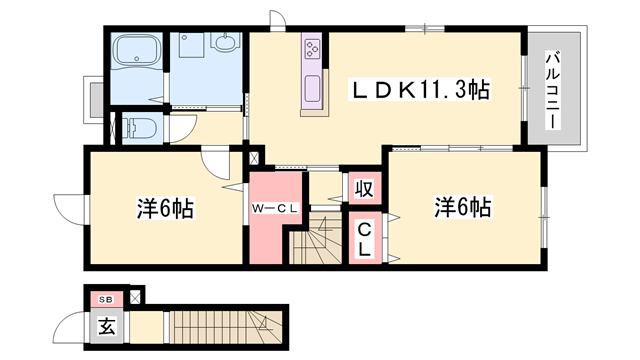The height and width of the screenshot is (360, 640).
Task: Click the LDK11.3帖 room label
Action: coord(417,90)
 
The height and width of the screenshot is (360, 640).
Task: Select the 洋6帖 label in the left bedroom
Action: coord(164,209)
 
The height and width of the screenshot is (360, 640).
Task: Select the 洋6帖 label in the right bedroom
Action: coord(462,208)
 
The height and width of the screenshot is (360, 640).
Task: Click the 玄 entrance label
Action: coord(105,326)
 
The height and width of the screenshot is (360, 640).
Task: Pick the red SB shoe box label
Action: coord(105,299)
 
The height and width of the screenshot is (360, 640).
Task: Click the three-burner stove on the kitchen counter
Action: coord(312,47)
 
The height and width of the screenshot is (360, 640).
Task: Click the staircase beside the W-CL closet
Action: coord(318,243)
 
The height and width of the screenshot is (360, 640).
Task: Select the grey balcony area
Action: coord(551,110)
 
